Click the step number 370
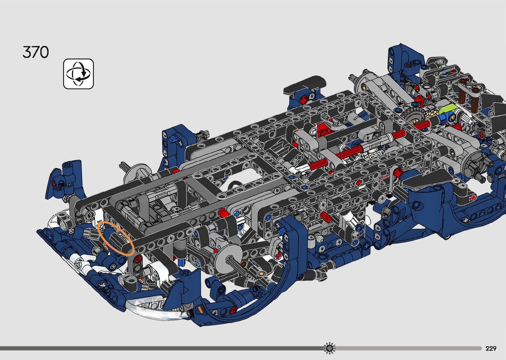36,52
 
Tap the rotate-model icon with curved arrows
78,74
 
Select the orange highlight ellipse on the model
116,238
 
